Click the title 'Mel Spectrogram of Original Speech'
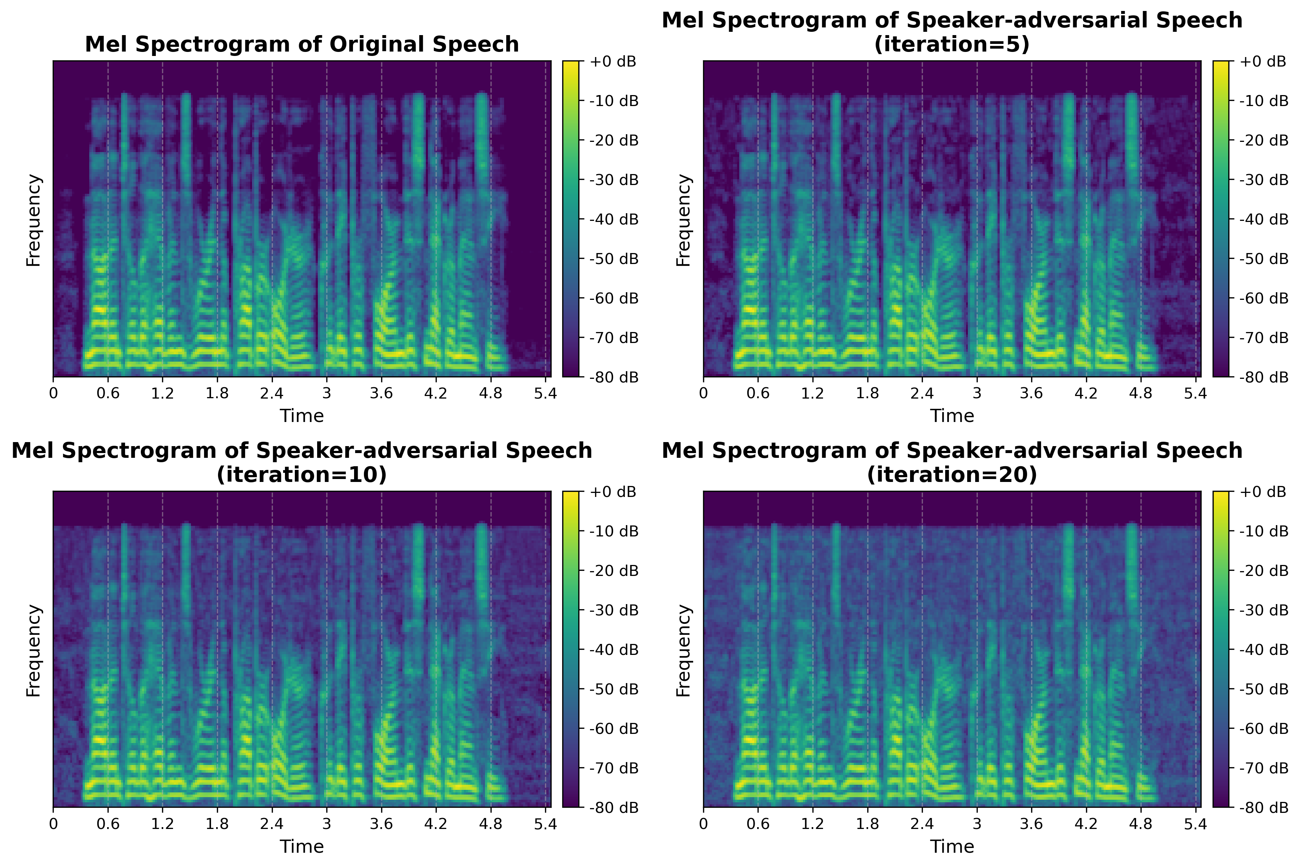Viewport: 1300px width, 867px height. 301,44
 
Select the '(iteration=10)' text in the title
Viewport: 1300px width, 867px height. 301,474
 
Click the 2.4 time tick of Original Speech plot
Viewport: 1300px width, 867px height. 271,393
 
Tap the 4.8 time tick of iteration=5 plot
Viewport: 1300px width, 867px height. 1141,393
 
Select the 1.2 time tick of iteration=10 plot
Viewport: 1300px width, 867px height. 162,824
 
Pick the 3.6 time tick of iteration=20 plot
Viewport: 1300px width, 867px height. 1031,824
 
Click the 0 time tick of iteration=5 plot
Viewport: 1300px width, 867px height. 703,393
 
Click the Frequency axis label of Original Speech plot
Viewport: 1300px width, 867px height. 34,219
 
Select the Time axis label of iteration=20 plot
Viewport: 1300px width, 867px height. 952,847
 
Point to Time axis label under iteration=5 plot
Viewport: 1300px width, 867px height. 952,416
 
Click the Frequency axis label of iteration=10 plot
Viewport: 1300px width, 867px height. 34,650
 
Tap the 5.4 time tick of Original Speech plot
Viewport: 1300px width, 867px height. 545,393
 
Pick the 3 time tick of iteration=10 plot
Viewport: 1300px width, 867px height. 326,824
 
